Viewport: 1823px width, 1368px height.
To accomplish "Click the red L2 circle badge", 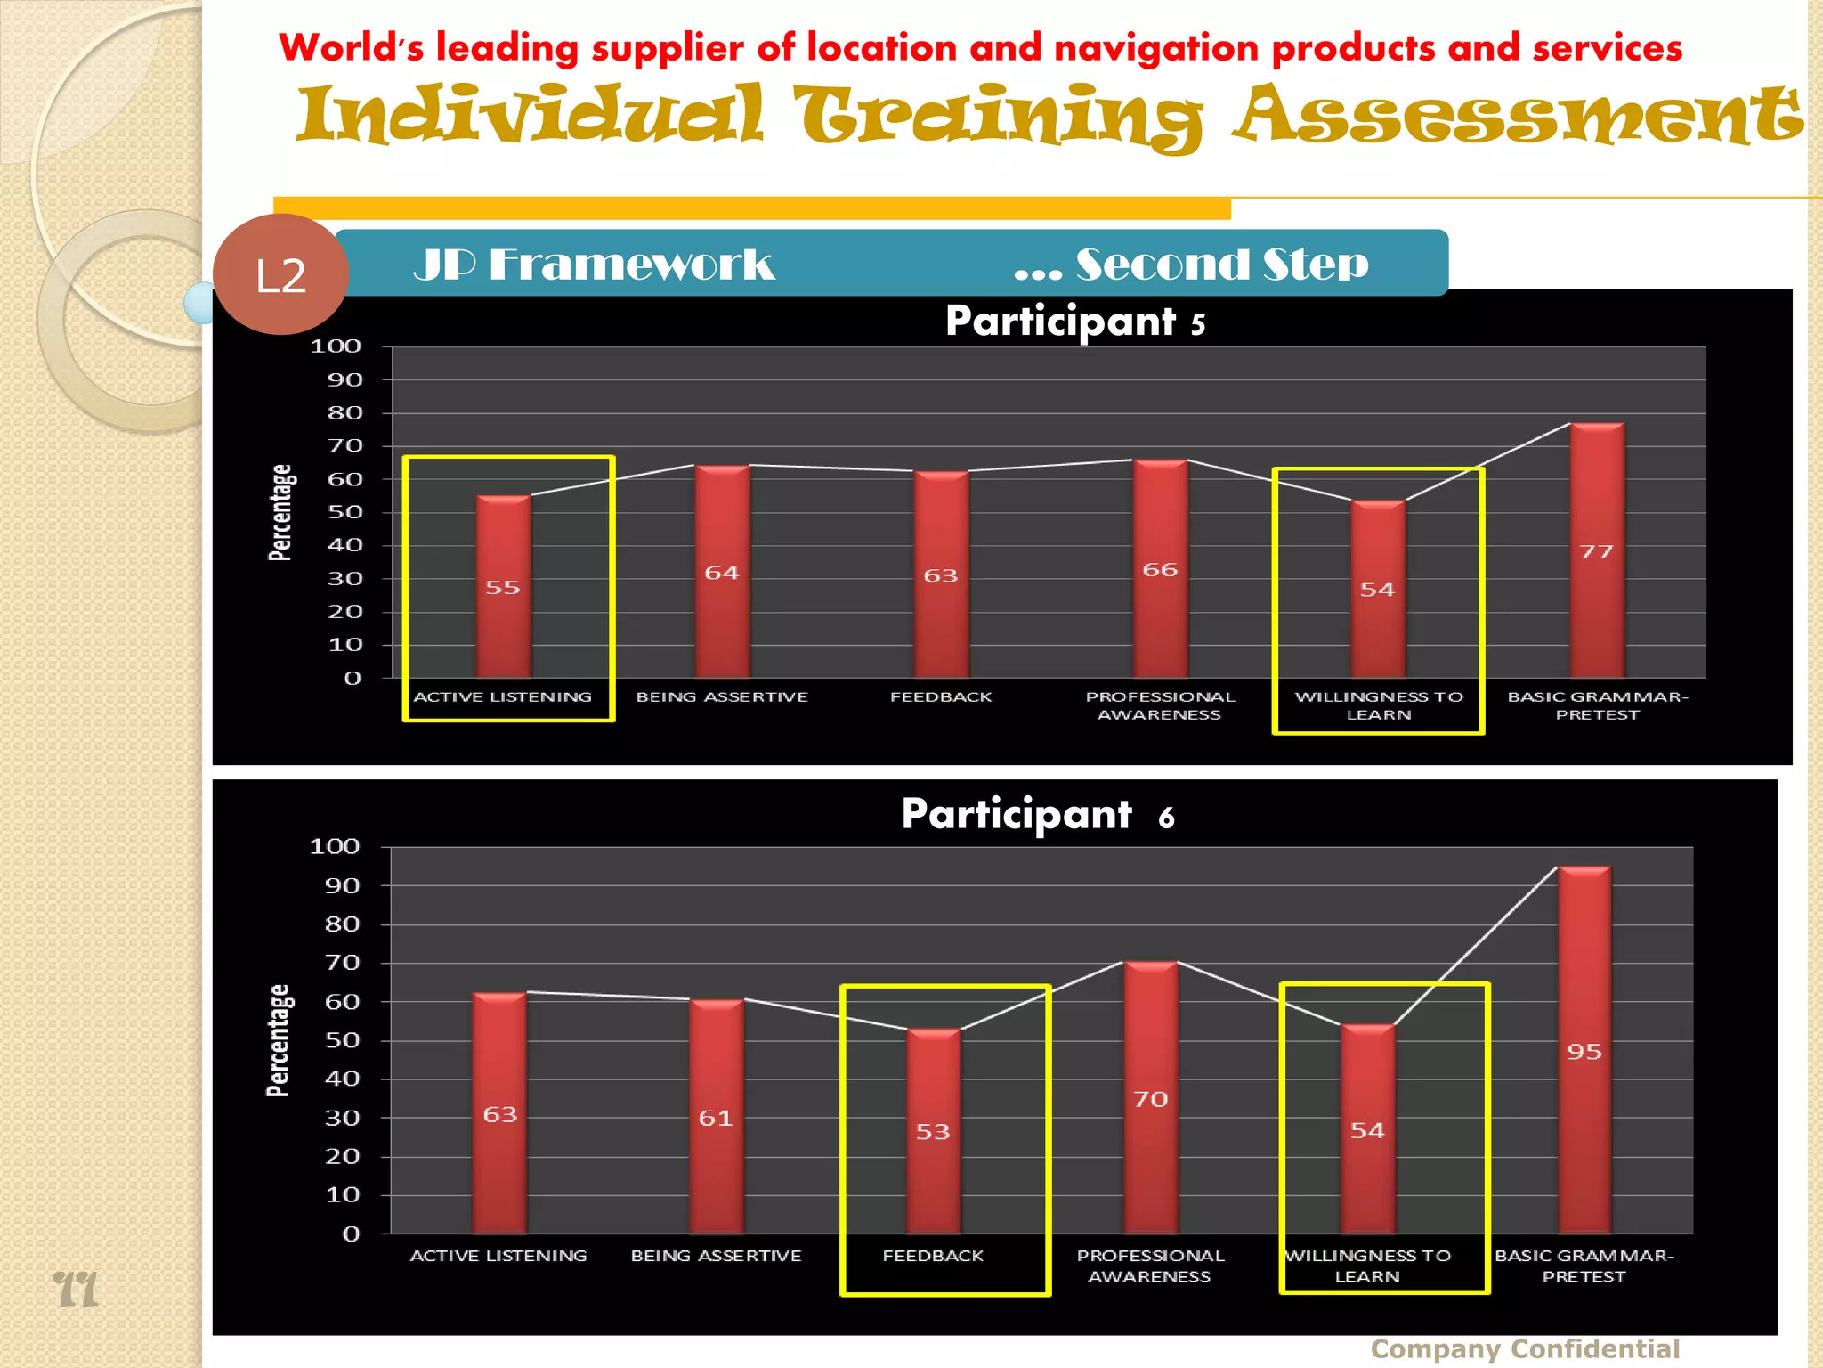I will pos(280,274).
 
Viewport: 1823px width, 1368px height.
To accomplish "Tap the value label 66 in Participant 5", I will pos(1160,570).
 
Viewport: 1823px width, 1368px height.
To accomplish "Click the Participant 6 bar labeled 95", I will pos(1584,1051).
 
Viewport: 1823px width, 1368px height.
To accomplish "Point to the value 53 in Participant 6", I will pos(933,1132).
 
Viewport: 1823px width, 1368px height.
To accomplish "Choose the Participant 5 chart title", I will pos(1075,322).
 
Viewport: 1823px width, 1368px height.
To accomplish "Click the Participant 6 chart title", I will pos(1038,814).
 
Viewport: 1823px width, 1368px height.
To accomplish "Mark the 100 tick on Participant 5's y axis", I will pos(336,346).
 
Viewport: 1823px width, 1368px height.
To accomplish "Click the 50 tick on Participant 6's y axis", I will pos(342,1040).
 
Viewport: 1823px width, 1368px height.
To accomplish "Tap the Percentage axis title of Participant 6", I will pos(279,1040).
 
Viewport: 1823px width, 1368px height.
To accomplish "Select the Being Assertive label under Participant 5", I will pos(722,697).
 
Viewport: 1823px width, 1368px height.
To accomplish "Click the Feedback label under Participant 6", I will pos(933,1256).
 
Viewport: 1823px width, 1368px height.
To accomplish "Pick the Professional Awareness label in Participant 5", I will pos(1160,705).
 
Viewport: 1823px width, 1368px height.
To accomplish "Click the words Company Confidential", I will pos(1525,1349).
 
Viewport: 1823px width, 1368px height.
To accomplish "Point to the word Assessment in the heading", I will pos(1518,116).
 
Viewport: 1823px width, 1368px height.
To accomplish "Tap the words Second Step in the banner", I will pos(1221,265).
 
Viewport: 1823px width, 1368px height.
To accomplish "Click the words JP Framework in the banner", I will pos(594,265).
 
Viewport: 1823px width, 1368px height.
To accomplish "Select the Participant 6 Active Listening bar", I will pos(499,1113).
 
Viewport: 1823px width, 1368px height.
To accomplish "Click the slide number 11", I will pos(76,1289).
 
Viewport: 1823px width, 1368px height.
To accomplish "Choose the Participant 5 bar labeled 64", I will pos(722,572).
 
